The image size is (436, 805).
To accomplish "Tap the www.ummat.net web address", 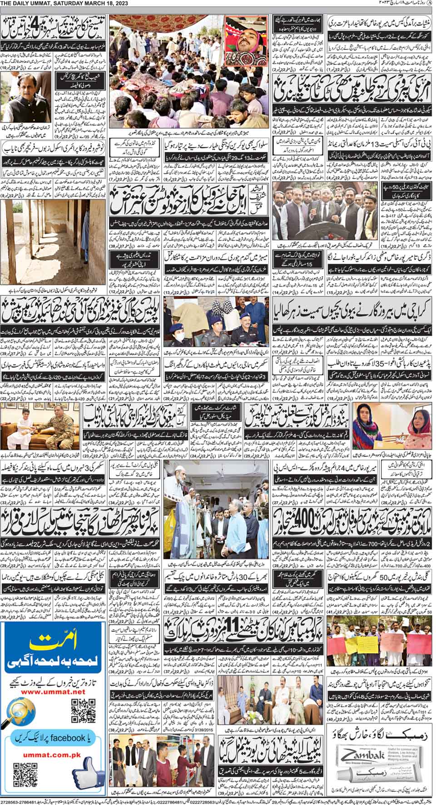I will pyautogui.click(x=54, y=692).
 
